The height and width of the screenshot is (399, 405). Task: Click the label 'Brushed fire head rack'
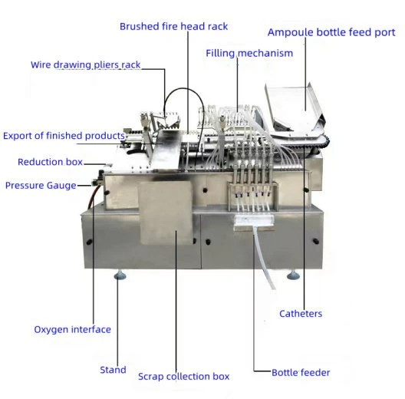pos(173,26)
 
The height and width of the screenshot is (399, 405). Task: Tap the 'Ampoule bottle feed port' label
pos(331,32)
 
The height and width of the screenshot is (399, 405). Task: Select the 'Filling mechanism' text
pos(249,53)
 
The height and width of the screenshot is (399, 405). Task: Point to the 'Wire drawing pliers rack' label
pos(85,64)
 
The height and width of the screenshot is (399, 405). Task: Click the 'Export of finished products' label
pos(64,136)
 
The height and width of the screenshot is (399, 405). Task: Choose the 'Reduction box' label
pos(50,162)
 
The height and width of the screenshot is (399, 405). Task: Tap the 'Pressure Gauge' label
pos(41,186)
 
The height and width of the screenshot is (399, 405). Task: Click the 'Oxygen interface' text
pos(73,329)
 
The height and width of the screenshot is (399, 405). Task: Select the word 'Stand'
pos(113,370)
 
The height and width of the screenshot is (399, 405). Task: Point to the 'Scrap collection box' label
pos(183,376)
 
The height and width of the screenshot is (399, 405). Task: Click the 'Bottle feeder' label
pos(301,373)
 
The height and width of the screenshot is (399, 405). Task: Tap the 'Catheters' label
pos(301,314)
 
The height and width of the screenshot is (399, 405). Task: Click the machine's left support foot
pos(120,275)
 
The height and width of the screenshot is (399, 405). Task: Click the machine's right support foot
pos(294,275)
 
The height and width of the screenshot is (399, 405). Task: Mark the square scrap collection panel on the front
pos(166,213)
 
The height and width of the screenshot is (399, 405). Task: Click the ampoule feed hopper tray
pos(295,107)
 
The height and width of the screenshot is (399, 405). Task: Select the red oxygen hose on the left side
pos(93,196)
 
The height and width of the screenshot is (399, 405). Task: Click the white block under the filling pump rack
pos(254,221)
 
